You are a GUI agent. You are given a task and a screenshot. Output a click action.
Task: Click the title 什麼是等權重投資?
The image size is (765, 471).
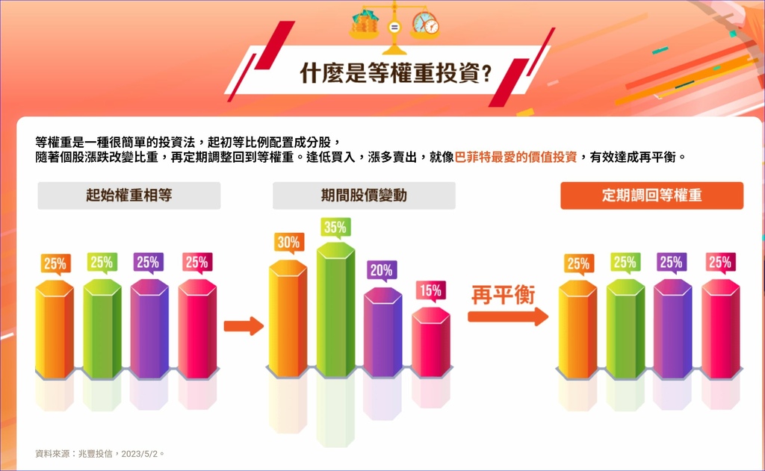tap(395, 74)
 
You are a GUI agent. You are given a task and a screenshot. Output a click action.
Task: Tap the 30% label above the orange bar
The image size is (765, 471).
tap(289, 243)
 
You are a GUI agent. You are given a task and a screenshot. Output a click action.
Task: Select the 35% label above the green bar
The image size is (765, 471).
tap(335, 228)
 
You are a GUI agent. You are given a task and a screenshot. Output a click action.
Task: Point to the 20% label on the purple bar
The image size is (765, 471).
tap(381, 270)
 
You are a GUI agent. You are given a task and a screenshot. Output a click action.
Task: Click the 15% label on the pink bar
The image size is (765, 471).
tap(430, 291)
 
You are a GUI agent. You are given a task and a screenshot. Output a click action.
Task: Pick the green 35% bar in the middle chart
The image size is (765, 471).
tap(335, 310)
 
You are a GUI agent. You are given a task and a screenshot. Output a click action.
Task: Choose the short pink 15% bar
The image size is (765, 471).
tap(431, 343)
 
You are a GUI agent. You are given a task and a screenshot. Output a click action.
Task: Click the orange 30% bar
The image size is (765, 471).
tap(288, 319)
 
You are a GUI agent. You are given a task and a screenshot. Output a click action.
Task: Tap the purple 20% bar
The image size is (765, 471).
tap(383, 332)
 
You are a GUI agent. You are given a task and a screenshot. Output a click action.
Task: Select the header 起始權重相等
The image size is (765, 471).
tap(128, 195)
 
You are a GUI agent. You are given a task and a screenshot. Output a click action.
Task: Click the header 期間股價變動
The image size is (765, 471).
tap(364, 195)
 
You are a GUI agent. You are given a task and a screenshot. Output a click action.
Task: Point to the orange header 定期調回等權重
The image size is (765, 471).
tap(651, 196)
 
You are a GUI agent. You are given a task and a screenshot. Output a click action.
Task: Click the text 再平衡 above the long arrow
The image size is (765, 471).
tap(503, 295)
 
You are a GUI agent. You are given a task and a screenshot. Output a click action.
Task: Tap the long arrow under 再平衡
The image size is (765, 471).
tap(508, 316)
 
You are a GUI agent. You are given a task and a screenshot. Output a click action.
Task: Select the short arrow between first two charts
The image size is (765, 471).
tap(244, 325)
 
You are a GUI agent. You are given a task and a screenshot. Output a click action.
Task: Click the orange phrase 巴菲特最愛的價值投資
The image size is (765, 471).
tap(515, 157)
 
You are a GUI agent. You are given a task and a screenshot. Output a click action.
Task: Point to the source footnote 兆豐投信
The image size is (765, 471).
tap(95, 453)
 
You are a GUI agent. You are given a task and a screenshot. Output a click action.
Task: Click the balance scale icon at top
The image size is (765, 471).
tap(394, 27)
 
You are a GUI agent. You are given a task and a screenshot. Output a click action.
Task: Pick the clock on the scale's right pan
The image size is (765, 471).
tap(425, 23)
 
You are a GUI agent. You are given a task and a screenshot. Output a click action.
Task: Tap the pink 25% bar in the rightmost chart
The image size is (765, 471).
tap(721, 329)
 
